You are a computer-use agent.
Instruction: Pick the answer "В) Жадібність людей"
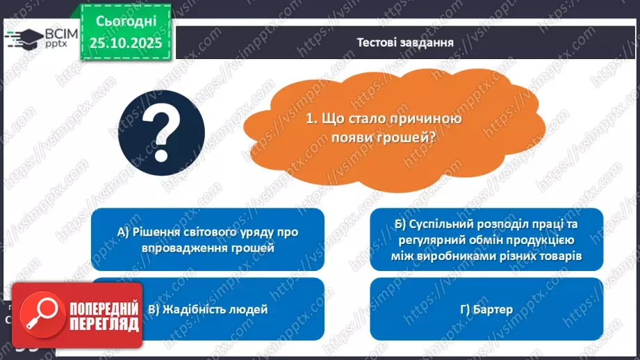coord(208,309)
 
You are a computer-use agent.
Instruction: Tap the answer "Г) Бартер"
coord(486,309)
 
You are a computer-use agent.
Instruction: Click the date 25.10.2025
coord(124,42)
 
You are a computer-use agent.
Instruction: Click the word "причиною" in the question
coord(427,120)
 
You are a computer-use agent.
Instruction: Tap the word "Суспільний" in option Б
coord(441,224)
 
